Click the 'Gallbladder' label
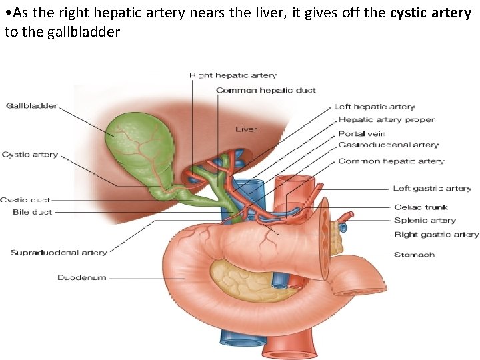pyautogui.click(x=31, y=105)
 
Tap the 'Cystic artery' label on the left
pyautogui.click(x=30, y=155)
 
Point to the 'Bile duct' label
pyautogui.click(x=33, y=212)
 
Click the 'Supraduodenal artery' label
pyautogui.click(x=59, y=252)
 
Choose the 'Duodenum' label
pyautogui.click(x=81, y=277)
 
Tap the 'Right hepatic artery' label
pyautogui.click(x=233, y=75)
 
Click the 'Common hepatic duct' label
pyautogui.click(x=266, y=90)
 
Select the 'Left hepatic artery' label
pyautogui.click(x=374, y=107)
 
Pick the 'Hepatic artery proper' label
pyautogui.click(x=386, y=120)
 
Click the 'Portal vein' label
pyautogui.click(x=362, y=133)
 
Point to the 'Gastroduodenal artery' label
pyautogui.click(x=389, y=145)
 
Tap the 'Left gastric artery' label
pyautogui.click(x=432, y=189)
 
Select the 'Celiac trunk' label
pyautogui.click(x=421, y=207)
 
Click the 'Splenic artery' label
pyautogui.click(x=425, y=220)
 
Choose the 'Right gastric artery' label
pyautogui.click(x=437, y=234)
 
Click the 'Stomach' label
pyautogui.click(x=415, y=254)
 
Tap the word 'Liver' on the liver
pyautogui.click(x=246, y=129)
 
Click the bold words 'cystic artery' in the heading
pyautogui.click(x=431, y=13)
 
